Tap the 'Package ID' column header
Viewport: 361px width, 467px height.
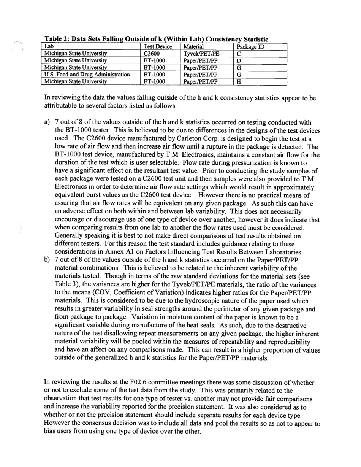tap(250, 47)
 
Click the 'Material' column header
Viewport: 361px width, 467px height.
tap(195, 47)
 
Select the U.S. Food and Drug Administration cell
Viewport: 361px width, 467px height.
tap(87, 75)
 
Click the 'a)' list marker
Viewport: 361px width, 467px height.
tap(47, 122)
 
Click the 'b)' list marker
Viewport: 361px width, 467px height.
tap(47, 260)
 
